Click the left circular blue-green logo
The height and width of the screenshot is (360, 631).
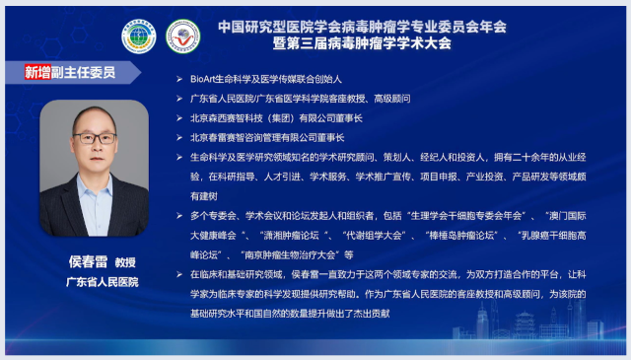click(x=139, y=36)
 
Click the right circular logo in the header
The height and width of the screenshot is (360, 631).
click(x=182, y=36)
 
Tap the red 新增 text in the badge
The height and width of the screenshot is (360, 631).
click(x=39, y=73)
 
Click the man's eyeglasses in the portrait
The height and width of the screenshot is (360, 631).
click(x=95, y=138)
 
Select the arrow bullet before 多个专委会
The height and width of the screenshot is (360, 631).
click(x=178, y=214)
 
